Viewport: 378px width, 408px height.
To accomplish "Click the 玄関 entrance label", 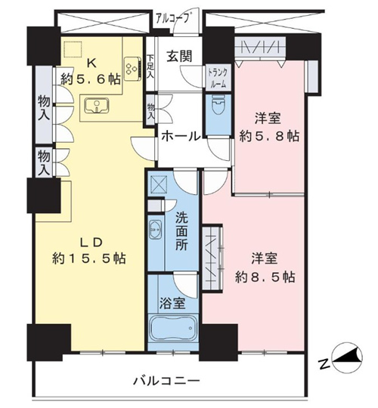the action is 179,56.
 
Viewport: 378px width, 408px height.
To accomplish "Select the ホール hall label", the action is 181,135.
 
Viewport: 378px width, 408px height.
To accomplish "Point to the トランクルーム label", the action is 218,77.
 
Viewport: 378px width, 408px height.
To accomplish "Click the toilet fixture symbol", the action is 218,104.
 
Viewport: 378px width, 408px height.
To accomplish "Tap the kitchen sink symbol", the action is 98,106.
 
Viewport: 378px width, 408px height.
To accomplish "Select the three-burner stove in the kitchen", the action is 132,69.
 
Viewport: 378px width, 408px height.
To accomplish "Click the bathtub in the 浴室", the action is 172,329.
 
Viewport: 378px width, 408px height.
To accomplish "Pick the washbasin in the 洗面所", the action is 156,230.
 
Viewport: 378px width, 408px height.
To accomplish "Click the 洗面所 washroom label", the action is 181,232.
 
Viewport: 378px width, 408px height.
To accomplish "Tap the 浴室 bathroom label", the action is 172,303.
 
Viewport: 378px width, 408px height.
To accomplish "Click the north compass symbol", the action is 347,359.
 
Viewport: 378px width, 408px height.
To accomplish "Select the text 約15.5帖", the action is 89,258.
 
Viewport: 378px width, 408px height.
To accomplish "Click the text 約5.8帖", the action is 268,135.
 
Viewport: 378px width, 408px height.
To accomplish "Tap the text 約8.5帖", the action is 265,277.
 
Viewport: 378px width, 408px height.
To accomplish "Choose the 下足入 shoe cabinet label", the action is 151,66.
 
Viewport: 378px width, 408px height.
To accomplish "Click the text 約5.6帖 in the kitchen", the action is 91,79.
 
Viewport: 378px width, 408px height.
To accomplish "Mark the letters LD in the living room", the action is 90,243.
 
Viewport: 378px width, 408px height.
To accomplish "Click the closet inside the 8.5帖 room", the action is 212,258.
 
